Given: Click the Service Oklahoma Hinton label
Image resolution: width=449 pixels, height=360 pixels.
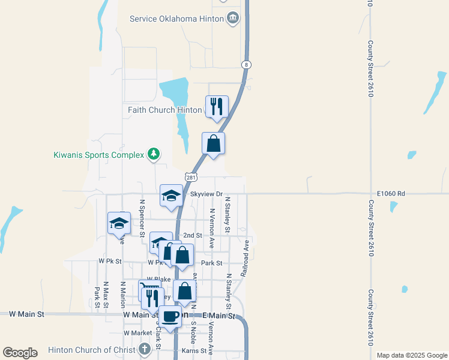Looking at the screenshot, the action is [176, 19].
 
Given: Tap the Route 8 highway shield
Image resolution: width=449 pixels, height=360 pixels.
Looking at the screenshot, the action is [246, 64].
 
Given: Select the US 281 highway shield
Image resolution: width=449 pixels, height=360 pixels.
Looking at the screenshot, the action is [191, 178].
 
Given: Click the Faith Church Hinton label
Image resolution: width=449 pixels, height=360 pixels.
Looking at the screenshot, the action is [164, 110].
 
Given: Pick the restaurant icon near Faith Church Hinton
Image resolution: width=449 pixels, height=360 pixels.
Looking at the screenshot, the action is [217, 107].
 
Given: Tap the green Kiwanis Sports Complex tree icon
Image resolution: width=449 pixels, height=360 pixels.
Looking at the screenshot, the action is [154, 155].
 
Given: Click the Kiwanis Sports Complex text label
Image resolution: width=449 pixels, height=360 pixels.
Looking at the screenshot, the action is [98, 155].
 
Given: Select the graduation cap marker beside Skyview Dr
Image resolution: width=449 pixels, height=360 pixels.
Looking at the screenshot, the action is [171, 196].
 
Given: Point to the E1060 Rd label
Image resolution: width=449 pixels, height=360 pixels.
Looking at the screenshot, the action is [391, 194].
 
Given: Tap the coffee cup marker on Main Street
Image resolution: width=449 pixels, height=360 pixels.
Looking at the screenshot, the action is [170, 316].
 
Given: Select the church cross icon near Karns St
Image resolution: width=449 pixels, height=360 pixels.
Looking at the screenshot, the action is [145, 349].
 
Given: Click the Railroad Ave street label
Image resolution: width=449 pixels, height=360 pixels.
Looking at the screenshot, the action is [245, 259].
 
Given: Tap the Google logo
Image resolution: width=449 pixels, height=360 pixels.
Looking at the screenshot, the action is [19, 353].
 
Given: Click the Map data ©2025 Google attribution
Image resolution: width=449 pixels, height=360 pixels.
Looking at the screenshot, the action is [411, 355].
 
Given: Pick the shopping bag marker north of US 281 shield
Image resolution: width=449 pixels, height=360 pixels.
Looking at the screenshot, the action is [213, 143].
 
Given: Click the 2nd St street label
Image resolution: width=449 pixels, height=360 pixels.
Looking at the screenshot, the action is [192, 236].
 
